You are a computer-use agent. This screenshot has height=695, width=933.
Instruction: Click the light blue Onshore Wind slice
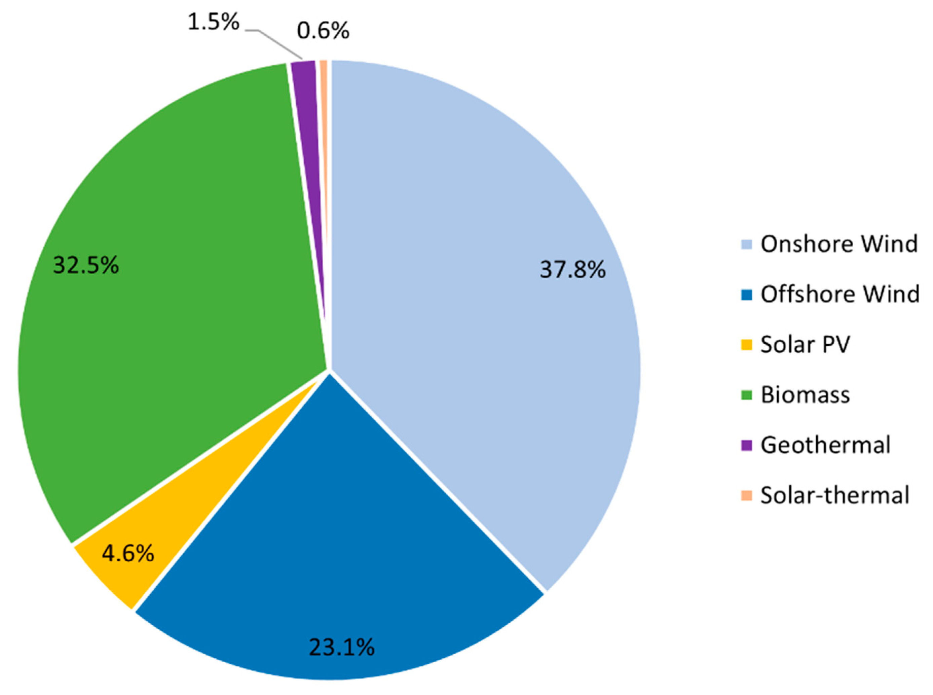(462, 252)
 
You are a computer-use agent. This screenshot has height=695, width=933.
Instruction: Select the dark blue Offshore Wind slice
(336, 526)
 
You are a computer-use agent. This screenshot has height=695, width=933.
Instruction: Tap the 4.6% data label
(128, 554)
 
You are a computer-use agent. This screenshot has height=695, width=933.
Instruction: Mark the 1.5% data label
(213, 22)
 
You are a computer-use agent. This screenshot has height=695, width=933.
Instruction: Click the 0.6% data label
(323, 31)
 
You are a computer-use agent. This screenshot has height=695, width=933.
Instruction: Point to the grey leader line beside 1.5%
(277, 42)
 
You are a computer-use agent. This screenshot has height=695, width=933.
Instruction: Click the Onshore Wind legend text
(839, 244)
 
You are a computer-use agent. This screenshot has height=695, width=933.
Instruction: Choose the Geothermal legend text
(825, 445)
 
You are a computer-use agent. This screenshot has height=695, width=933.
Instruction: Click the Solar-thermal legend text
(834, 495)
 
